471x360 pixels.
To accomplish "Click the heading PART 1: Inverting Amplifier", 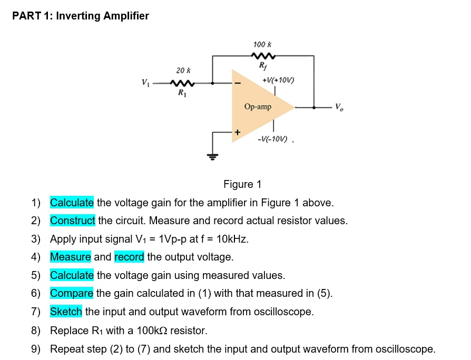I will click(x=81, y=16).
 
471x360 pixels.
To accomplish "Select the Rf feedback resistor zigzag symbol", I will click(x=262, y=56).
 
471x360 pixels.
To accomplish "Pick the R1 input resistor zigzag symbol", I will click(x=183, y=83).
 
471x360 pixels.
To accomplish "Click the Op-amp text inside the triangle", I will click(x=258, y=107).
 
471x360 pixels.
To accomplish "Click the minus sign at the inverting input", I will click(x=238, y=83).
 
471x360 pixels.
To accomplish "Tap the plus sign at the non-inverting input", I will click(x=237, y=133).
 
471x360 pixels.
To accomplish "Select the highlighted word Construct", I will click(x=73, y=221).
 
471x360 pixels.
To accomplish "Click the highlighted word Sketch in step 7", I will click(x=66, y=312).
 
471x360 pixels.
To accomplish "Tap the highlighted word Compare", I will click(x=72, y=293).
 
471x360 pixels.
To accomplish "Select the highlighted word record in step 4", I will click(x=129, y=257).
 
